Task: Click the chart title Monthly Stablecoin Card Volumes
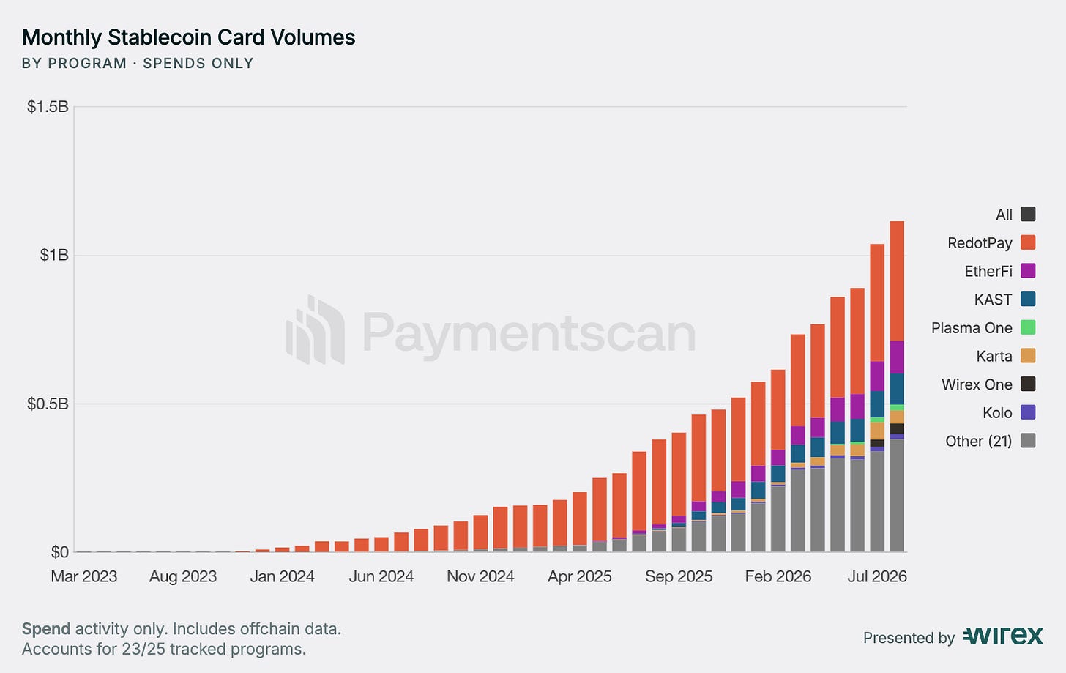(188, 37)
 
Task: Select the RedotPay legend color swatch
(1028, 242)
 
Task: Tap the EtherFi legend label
(988, 271)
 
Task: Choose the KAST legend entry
(1004, 300)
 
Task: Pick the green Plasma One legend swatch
(1028, 327)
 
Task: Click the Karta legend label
(994, 356)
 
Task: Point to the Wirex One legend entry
(988, 384)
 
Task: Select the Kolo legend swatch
(1028, 412)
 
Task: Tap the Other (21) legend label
(978, 441)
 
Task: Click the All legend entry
(1015, 214)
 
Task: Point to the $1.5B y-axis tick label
(48, 107)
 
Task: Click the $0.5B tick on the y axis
(48, 404)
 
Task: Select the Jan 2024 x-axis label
(282, 576)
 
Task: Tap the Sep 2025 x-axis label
(679, 576)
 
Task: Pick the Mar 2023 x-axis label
(83, 576)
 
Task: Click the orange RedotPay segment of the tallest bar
(897, 281)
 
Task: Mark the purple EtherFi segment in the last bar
(897, 357)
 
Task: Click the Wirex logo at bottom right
(1003, 636)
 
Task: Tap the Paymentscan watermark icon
(316, 330)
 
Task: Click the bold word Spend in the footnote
(46, 629)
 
